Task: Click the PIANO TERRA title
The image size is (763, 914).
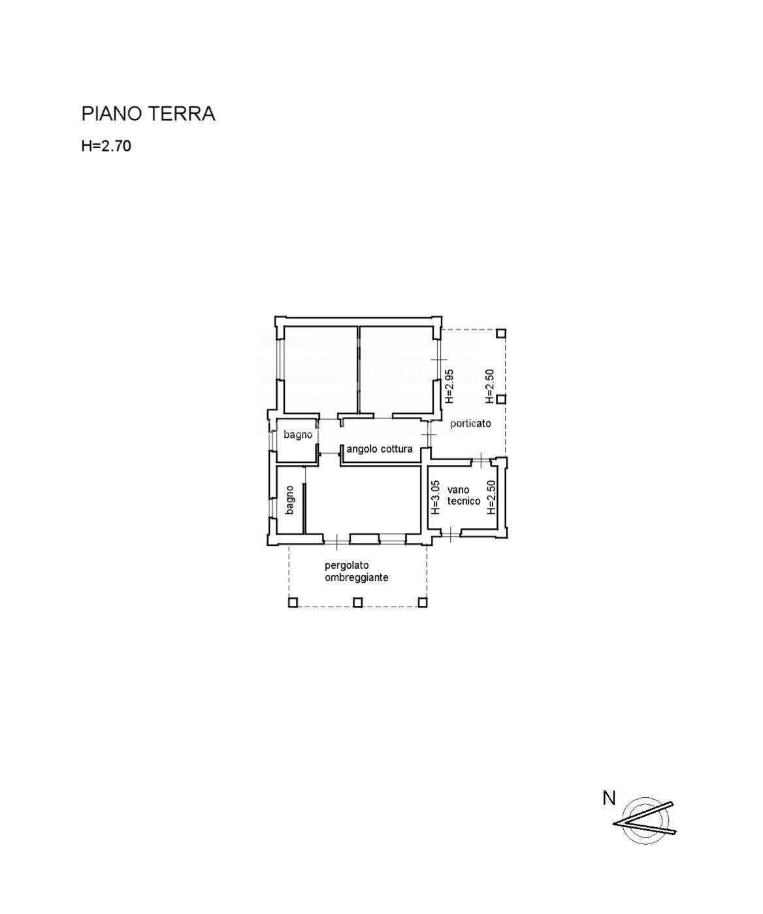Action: click(148, 114)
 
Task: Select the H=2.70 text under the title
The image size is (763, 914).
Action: click(106, 146)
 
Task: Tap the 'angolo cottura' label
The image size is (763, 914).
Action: click(379, 449)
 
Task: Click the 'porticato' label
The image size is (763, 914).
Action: click(470, 423)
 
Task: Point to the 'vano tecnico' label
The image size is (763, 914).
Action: click(463, 496)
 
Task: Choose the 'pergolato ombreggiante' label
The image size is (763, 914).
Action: click(356, 571)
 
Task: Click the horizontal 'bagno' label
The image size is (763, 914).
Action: click(298, 434)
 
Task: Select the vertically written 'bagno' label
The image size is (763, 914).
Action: click(289, 499)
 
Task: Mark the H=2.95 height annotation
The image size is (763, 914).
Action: click(449, 386)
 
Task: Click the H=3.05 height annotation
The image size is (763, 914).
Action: click(435, 496)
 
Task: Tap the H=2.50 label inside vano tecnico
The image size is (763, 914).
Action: click(492, 497)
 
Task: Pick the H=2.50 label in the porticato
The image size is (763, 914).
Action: click(490, 386)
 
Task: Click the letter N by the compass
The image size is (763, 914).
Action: click(609, 798)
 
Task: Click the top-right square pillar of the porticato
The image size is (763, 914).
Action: click(500, 333)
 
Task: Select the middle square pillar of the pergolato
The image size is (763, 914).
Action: click(357, 603)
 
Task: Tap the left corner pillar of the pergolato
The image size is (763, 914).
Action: click(293, 603)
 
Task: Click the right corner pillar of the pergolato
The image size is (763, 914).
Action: click(422, 603)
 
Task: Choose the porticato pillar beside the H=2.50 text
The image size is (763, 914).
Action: click(500, 399)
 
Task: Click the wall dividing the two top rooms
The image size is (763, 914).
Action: click(359, 369)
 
